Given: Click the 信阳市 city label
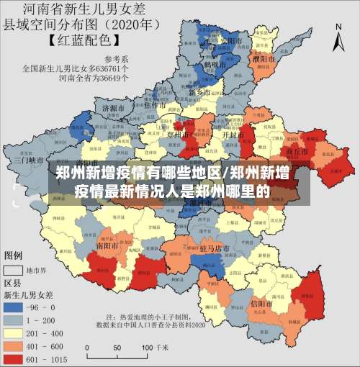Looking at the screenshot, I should [x=259, y=304].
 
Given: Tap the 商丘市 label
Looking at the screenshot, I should [x=297, y=152].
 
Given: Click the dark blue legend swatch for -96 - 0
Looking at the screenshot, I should [x=20, y=307].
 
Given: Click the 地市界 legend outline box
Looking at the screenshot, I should [x=20, y=271].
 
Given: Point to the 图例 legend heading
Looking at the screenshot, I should [x=14, y=255].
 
